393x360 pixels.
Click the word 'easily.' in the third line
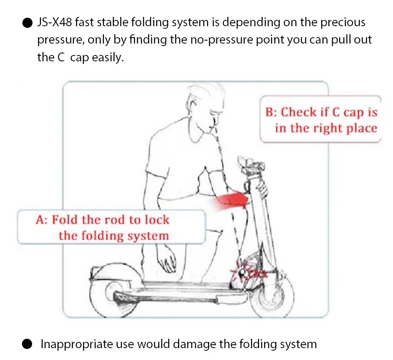[108, 57]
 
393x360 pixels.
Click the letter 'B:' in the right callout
[271, 112]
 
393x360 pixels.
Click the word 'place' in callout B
[362, 128]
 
